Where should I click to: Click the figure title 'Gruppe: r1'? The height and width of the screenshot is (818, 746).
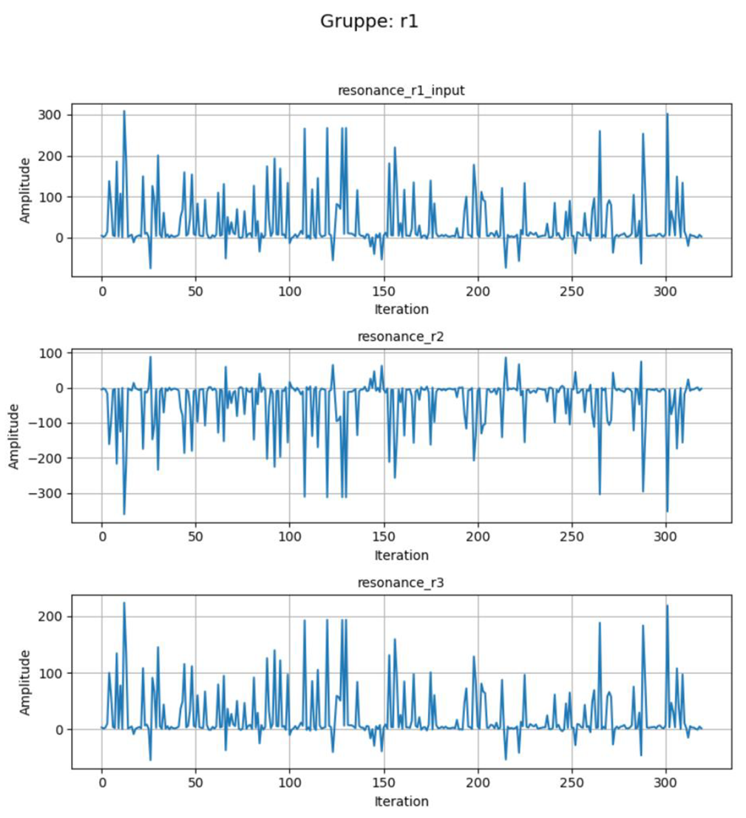pyautogui.click(x=369, y=21)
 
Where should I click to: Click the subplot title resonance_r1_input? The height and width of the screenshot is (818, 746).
pyautogui.click(x=401, y=90)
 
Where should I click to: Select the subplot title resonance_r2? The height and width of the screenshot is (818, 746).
pyautogui.click(x=401, y=336)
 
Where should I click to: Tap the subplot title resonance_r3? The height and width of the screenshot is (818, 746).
pyautogui.click(x=401, y=582)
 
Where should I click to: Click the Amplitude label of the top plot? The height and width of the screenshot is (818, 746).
pyautogui.click(x=25, y=190)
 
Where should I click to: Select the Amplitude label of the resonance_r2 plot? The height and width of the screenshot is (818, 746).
pyautogui.click(x=15, y=436)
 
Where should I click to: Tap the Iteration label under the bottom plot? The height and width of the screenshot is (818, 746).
pyautogui.click(x=401, y=801)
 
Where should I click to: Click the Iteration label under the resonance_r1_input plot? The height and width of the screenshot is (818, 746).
pyautogui.click(x=401, y=309)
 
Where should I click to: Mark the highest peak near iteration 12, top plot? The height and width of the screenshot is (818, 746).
pyautogui.click(x=124, y=112)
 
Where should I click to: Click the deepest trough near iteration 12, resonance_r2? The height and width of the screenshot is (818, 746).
pyautogui.click(x=124, y=514)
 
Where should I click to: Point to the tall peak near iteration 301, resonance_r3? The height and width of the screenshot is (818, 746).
pyautogui.click(x=667, y=606)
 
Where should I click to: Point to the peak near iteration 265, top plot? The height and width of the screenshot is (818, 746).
pyautogui.click(x=600, y=132)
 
